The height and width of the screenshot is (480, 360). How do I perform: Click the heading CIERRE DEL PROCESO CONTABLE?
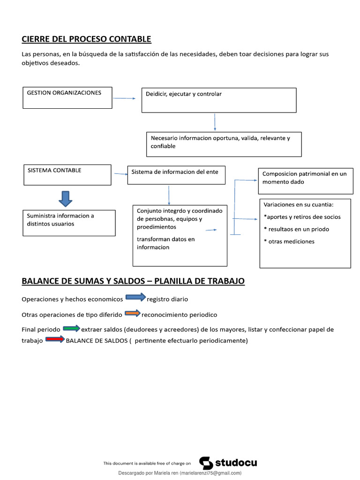[x=86, y=39]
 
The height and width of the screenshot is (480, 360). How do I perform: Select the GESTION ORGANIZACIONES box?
[x=67, y=97]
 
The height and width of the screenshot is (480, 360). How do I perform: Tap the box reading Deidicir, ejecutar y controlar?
[x=219, y=100]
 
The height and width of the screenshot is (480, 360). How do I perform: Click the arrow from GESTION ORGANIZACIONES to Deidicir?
[x=123, y=98]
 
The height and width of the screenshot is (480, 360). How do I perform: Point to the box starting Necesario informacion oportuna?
[x=224, y=144]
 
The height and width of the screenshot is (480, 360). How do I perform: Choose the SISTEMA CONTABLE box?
[x=67, y=175]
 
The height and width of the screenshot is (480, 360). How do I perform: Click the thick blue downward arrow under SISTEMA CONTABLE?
[x=65, y=198]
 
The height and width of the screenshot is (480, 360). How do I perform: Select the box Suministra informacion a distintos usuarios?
[x=69, y=223]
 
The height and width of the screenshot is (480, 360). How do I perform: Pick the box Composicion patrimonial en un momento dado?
[x=305, y=180]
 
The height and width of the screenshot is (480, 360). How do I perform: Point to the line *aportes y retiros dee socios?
[x=302, y=217]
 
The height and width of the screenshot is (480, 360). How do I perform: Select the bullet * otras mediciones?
[x=289, y=241]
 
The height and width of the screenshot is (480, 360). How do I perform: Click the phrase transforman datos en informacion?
[x=165, y=243]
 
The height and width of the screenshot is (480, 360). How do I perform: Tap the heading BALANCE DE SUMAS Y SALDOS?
[x=133, y=281]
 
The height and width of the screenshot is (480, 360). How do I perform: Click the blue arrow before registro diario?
[x=135, y=297]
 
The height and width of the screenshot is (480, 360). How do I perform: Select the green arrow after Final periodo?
[x=71, y=328]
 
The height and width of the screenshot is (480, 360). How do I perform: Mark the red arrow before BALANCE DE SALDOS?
[x=55, y=339]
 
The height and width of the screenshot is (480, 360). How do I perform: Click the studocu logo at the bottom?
[x=228, y=463]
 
